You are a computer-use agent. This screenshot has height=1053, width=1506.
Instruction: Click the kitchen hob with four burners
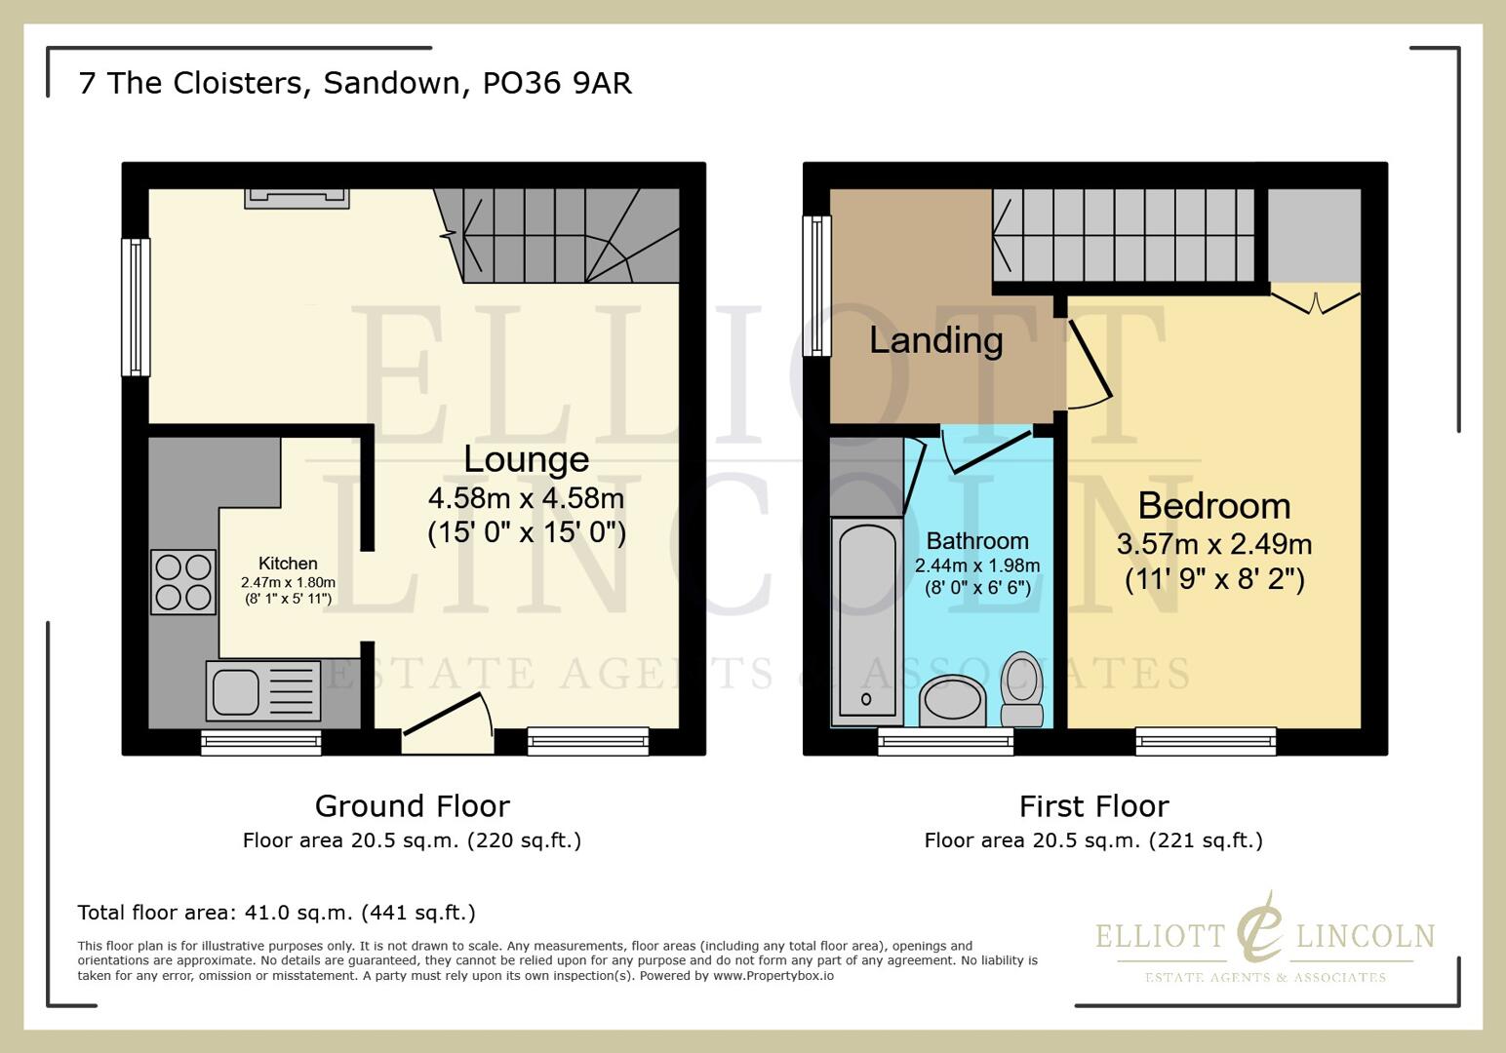tap(183, 582)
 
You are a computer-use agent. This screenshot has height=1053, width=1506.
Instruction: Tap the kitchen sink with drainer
tap(262, 691)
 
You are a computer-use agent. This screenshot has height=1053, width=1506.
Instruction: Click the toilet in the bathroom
tap(1022, 688)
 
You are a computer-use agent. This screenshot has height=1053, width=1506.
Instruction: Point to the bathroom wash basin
tap(952, 700)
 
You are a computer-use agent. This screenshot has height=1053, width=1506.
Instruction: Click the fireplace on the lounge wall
tap(297, 198)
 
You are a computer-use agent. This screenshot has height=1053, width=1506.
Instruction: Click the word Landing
tap(935, 340)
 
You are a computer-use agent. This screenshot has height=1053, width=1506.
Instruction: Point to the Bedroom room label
tap(1213, 506)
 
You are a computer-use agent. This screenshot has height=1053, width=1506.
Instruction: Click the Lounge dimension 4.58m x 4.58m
tap(526, 498)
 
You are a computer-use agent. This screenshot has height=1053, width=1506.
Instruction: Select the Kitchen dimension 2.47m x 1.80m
tap(288, 582)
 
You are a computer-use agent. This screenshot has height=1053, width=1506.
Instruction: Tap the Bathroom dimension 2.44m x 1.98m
tap(977, 565)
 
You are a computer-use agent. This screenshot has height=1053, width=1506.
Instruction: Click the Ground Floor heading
tap(412, 806)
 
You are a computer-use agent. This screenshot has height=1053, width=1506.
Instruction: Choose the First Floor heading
tap(1093, 806)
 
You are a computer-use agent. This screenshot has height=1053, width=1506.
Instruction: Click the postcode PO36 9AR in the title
tap(557, 83)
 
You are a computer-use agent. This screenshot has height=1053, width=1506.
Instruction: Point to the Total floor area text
tap(276, 913)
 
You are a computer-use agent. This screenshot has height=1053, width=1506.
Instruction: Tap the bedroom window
tap(1206, 741)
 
